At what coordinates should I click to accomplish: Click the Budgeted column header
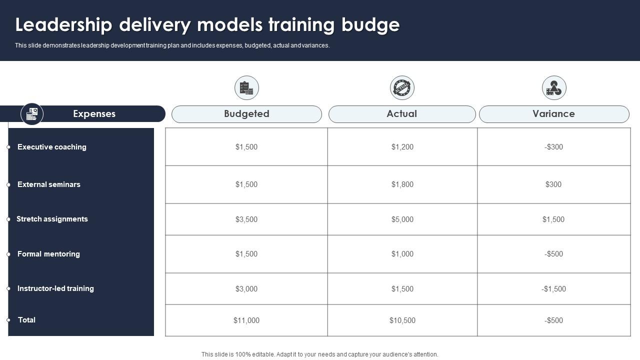(x=246, y=114)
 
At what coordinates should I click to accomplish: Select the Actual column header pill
(x=401, y=114)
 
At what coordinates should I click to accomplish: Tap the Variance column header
(x=553, y=114)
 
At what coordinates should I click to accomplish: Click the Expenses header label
(x=94, y=114)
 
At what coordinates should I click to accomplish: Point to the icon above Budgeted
(x=246, y=88)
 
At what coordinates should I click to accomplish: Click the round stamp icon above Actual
(x=402, y=88)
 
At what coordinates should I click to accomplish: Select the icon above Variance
(x=554, y=88)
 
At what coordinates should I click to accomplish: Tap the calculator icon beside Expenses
(x=32, y=114)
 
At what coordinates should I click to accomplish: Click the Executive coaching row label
(x=52, y=147)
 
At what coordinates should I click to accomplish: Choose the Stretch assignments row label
(x=52, y=219)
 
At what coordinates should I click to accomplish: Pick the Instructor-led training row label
(x=55, y=288)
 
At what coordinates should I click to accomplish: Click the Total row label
(x=26, y=320)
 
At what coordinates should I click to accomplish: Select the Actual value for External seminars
(x=402, y=184)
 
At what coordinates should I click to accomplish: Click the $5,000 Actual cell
(x=402, y=219)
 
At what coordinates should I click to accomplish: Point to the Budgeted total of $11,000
(x=246, y=320)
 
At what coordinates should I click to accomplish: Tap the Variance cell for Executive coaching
(x=553, y=147)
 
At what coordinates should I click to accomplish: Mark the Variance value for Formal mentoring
(x=553, y=254)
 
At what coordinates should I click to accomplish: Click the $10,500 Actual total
(x=402, y=320)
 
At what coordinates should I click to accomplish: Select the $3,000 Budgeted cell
(x=246, y=289)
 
